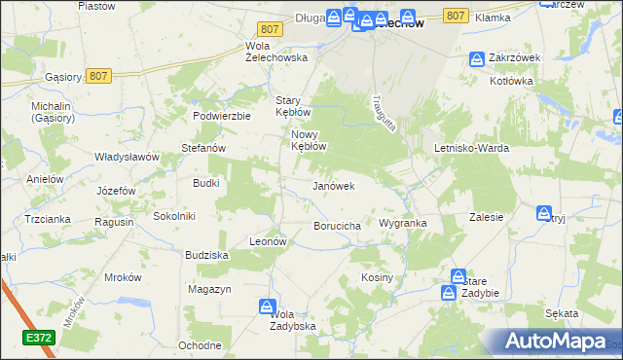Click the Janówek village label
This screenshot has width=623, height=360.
click(332, 185)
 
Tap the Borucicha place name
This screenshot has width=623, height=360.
click(338, 226)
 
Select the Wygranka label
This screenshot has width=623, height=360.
click(403, 223)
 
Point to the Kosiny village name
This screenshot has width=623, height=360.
click(376, 277)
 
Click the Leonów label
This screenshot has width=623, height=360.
click(267, 240)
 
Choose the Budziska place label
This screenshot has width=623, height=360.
click(206, 254)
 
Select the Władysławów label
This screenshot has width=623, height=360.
click(127, 156)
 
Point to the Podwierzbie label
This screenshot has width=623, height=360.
click(222, 115)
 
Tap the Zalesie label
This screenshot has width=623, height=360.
click(486, 217)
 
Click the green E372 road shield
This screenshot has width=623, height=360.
click(39, 336)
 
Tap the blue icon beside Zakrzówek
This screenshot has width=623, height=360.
click(477, 58)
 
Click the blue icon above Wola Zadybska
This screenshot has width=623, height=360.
click(268, 307)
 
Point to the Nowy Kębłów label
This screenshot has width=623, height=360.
click(306, 140)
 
